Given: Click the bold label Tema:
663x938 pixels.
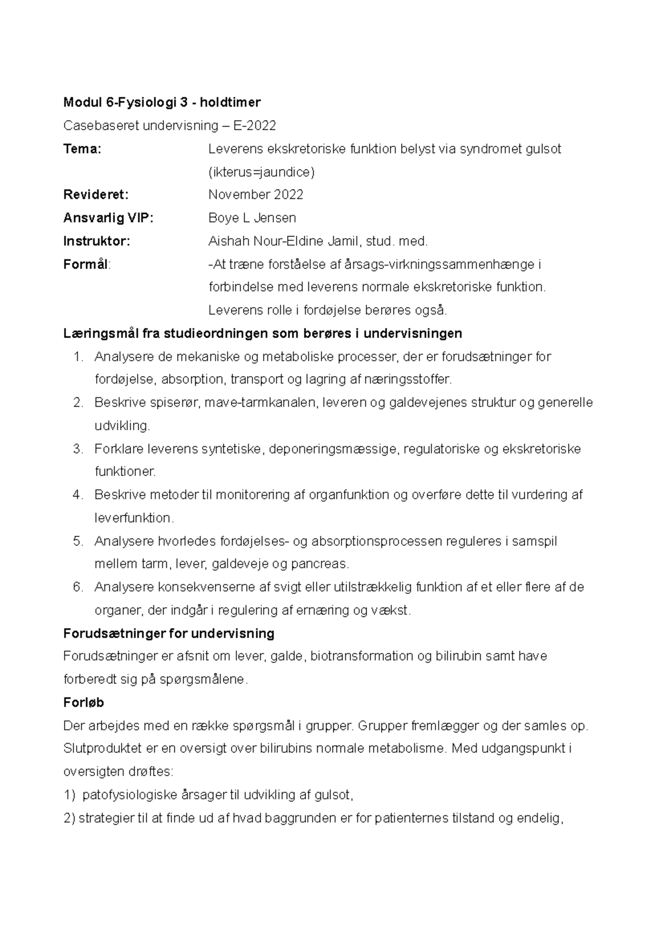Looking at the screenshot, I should (82, 149).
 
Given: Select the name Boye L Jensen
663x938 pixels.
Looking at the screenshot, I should (252, 218).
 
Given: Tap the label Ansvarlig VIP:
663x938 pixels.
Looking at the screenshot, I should (108, 218).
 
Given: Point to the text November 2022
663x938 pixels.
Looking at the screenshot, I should (255, 195).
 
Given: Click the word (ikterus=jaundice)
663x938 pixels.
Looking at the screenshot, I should (261, 172).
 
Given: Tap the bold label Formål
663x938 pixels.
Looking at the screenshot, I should (86, 265).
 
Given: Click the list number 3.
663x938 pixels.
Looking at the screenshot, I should (77, 449).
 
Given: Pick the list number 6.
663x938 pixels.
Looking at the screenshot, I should (77, 587).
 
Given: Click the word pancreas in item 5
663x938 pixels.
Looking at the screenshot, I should (320, 565).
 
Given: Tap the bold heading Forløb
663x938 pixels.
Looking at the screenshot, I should (84, 703).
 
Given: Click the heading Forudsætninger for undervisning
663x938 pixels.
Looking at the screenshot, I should (169, 634).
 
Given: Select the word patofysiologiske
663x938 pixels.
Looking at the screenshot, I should (130, 795).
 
